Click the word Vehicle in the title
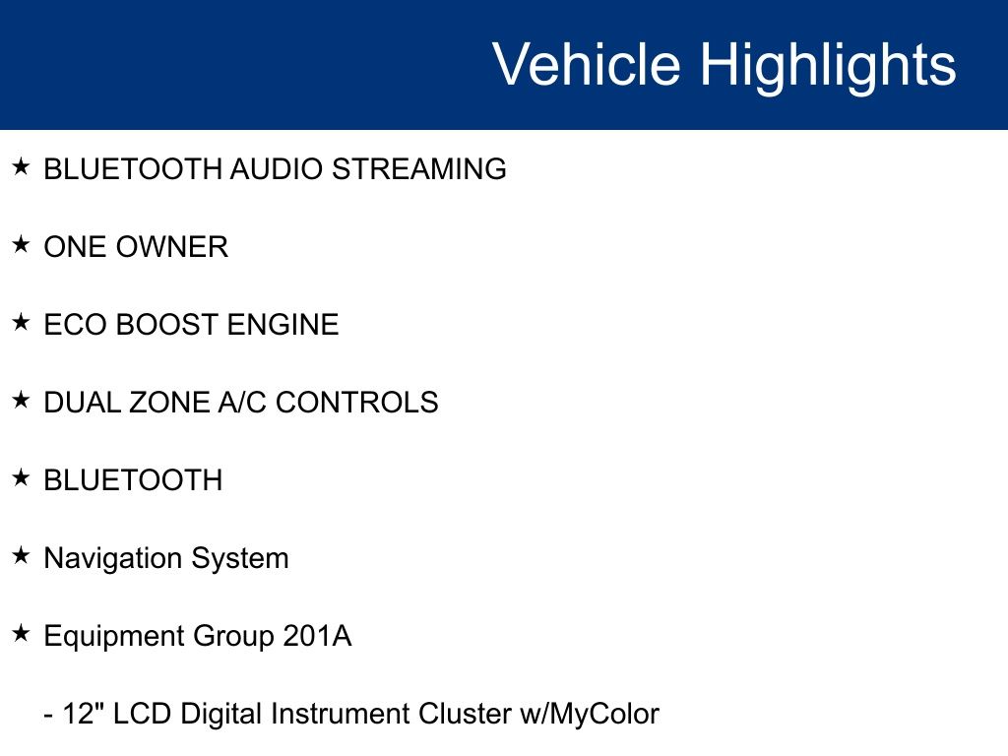[587, 64]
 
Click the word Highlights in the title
[828, 68]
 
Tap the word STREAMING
[419, 169]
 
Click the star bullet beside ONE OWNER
[22, 245]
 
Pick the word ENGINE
[283, 325]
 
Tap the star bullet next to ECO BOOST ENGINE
[22, 323]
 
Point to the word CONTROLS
[356, 403]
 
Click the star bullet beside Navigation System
[22, 556]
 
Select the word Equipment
[114, 637]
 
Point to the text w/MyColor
[590, 715]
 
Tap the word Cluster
[465, 714]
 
